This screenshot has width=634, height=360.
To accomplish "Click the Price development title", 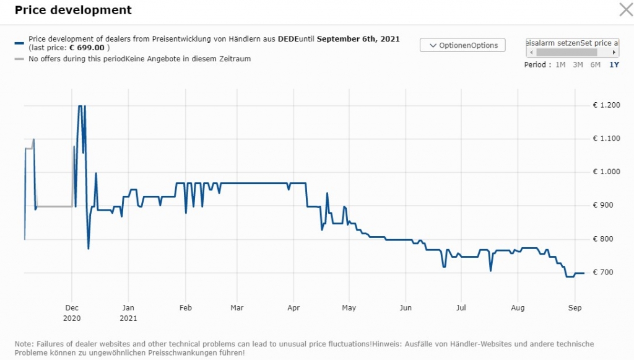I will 73,11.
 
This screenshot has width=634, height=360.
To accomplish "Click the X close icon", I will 625,9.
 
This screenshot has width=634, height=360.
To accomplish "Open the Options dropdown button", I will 462,45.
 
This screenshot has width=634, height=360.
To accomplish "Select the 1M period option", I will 560,64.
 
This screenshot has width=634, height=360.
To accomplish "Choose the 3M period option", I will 578,64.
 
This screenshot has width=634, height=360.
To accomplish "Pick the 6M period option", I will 595,64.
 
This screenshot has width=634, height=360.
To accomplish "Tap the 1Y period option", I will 614,64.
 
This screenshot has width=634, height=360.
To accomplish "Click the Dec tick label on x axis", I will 72,307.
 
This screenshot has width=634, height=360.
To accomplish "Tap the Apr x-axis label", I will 294,307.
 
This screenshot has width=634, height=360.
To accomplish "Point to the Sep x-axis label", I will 575,307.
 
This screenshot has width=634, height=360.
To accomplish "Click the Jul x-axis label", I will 461,307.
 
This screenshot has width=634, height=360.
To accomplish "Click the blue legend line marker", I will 19,43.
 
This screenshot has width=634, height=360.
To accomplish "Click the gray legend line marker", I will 19,59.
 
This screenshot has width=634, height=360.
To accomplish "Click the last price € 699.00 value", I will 87,48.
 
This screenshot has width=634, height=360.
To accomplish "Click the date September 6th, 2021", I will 358,39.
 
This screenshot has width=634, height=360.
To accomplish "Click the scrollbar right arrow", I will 614,53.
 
